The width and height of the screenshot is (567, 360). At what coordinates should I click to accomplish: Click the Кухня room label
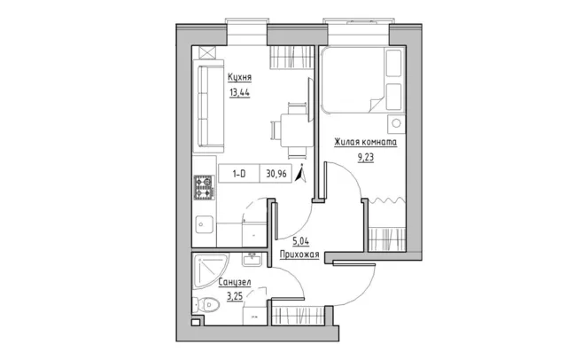click(x=239, y=77)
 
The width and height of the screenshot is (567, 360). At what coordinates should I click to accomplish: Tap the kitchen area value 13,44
click(x=239, y=92)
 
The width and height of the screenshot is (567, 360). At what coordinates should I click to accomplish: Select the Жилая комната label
click(x=365, y=142)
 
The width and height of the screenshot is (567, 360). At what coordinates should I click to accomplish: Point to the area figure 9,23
click(x=366, y=157)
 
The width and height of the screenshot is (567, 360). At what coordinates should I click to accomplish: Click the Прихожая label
click(x=299, y=255)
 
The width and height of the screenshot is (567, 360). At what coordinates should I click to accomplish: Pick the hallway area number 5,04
click(x=301, y=240)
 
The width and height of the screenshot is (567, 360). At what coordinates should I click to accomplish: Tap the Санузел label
click(x=235, y=282)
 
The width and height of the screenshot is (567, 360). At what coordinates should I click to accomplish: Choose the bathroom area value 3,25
click(x=235, y=297)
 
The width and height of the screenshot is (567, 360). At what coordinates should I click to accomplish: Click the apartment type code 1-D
click(x=239, y=174)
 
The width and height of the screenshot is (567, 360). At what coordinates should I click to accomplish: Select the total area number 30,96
click(x=276, y=174)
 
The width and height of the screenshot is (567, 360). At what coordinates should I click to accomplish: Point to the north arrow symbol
click(x=300, y=173)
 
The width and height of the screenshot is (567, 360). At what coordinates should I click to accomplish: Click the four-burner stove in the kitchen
click(x=205, y=187)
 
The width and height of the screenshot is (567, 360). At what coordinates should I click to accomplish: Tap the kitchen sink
click(x=204, y=224)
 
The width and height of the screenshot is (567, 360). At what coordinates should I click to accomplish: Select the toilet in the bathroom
click(x=206, y=305)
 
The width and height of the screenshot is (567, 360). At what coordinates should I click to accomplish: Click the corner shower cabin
click(x=210, y=271)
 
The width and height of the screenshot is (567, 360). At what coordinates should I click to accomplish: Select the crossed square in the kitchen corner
click(x=207, y=52)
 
